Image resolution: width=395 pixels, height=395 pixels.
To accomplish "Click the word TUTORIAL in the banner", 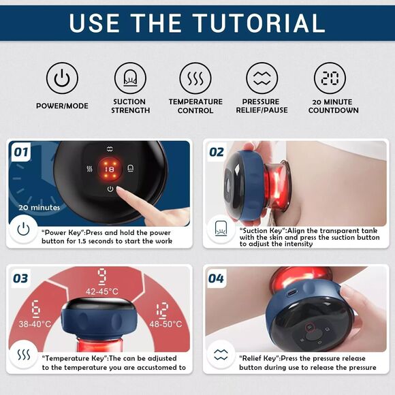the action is pos(259,23).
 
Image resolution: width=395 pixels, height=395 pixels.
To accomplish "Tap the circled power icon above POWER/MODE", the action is pos(62,78).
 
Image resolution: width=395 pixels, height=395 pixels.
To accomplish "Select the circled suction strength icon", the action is pos(130,78).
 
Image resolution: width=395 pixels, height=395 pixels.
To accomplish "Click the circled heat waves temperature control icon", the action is pos(195,78).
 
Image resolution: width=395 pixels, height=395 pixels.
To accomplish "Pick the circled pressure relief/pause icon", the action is pos(262,78).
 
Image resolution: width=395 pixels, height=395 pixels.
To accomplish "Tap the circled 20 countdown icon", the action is pos(330,78).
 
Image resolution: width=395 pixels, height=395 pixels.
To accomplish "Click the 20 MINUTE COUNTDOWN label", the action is pos(333,106).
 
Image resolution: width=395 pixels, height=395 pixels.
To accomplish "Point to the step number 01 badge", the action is pos(21,152).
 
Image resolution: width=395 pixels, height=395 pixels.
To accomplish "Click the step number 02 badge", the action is pos(217,152).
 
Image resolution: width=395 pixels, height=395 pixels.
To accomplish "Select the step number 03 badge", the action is pos(20,279).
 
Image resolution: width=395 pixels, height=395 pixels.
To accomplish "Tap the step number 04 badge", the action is pos(216,279).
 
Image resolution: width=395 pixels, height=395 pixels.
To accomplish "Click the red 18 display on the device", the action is pos(110,170).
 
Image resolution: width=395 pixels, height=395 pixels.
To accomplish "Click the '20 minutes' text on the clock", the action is pos(39,208).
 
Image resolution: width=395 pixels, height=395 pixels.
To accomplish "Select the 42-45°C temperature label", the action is pos(102,291).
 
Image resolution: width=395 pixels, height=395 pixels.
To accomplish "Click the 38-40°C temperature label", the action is pos(35,323).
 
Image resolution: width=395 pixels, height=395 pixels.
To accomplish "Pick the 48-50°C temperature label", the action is pos(165,323).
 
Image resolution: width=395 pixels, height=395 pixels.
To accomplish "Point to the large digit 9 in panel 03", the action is pos(101,277).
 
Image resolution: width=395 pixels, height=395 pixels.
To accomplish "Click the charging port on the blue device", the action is pos(291,292).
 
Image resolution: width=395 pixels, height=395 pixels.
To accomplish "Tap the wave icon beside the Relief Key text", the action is pos(221,355).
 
